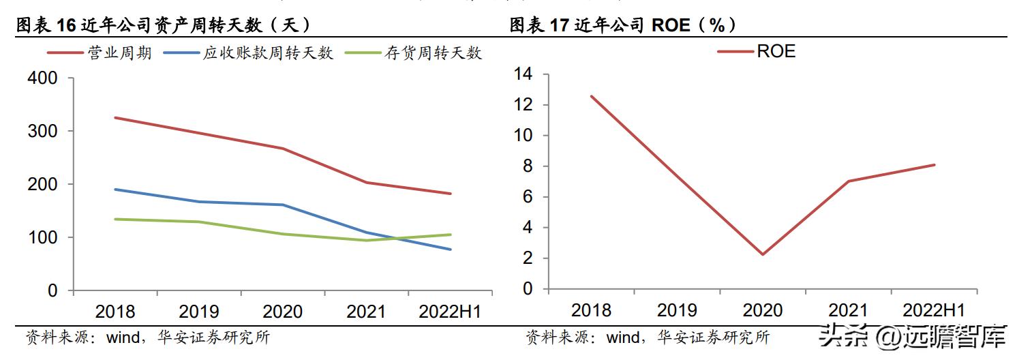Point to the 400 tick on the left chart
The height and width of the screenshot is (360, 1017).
42,78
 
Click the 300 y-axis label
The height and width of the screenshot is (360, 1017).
42,131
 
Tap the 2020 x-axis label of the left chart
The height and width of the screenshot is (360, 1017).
282,312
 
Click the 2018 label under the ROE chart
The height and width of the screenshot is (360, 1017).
591,310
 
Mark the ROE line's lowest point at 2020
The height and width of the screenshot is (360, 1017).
762,254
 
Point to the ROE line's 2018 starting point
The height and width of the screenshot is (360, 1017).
591,96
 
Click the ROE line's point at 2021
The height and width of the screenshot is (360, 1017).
848,181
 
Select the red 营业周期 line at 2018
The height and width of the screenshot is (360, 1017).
115,118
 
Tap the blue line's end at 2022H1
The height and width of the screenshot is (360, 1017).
451,250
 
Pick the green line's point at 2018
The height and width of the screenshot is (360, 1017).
115,219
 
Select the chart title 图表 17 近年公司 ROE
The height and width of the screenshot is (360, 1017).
623,25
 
